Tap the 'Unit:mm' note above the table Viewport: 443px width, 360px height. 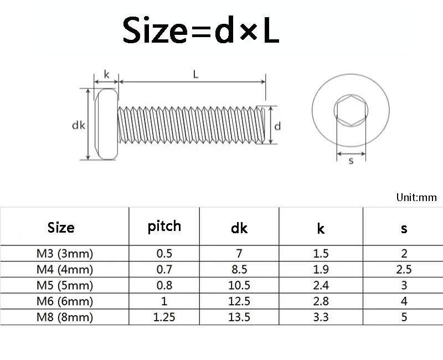(x=416, y=197)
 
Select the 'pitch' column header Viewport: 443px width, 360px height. (x=164, y=226)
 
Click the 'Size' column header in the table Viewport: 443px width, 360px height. (x=61, y=228)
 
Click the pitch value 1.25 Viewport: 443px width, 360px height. (x=164, y=318)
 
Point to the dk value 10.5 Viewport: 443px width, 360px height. (x=240, y=286)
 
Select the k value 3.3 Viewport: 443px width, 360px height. (x=321, y=318)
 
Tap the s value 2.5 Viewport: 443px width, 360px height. (x=404, y=270)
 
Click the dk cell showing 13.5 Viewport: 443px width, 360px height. (x=240, y=318)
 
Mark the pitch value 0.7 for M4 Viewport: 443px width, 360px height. (x=164, y=270)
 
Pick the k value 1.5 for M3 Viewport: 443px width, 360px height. (x=321, y=254)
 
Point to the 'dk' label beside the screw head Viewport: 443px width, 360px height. (x=78, y=125)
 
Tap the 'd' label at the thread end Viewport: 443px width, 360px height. (x=277, y=126)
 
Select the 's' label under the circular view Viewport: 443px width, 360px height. (x=351, y=161)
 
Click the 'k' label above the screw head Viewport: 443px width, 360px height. (x=106, y=74)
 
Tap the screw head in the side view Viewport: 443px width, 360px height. (x=106, y=124)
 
